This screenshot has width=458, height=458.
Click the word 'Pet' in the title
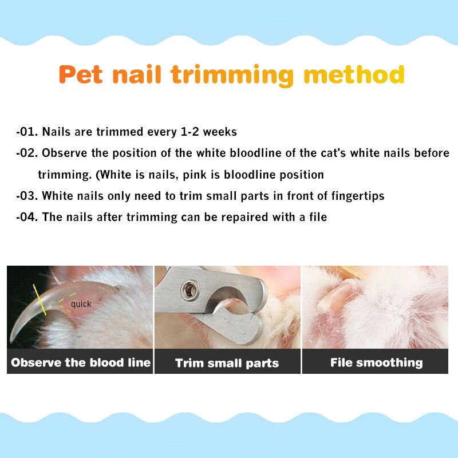(81, 74)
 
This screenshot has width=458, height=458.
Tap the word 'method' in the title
(354, 74)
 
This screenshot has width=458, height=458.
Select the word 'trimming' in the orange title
(232, 76)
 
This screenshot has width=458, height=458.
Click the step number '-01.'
(27, 132)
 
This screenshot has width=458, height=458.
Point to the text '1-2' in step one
(190, 132)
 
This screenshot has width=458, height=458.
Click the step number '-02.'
(27, 153)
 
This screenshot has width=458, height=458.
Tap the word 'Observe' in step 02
(65, 153)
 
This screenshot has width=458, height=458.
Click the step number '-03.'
(27, 196)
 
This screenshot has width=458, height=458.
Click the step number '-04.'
(27, 218)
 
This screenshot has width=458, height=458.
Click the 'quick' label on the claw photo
(81, 305)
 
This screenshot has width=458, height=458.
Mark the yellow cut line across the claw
(40, 299)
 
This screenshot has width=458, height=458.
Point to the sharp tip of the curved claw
(11, 342)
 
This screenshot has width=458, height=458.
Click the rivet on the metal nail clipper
(189, 290)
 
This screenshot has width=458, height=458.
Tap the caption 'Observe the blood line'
(81, 362)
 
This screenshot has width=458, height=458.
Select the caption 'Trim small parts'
(227, 363)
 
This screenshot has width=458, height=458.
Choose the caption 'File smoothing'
(377, 362)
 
